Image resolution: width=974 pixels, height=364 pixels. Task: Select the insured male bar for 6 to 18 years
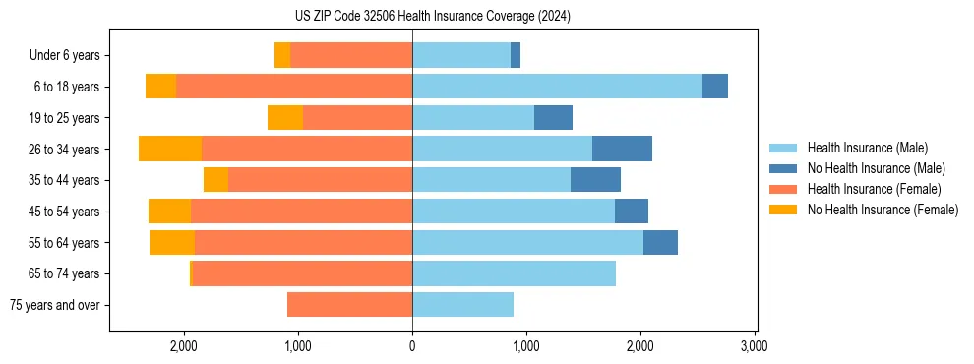pyautogui.click(x=557, y=87)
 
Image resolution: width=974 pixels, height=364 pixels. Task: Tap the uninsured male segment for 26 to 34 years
pyautogui.click(x=622, y=149)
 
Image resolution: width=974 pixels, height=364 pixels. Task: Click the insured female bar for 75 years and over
pyautogui.click(x=349, y=305)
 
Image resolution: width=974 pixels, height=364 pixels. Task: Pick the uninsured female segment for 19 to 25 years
pyautogui.click(x=285, y=118)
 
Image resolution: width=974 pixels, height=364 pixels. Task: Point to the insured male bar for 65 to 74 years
pyautogui.click(x=514, y=273)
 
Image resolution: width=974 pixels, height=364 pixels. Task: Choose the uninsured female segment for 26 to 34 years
pyautogui.click(x=170, y=149)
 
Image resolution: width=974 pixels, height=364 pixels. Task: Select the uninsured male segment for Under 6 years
pyautogui.click(x=516, y=55)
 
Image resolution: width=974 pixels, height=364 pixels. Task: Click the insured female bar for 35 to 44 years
pyautogui.click(x=320, y=180)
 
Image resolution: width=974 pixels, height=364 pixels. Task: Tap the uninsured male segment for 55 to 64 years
pyautogui.click(x=660, y=242)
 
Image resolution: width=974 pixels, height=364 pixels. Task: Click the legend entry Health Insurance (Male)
pyautogui.click(x=867, y=148)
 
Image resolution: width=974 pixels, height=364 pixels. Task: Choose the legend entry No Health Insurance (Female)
pyautogui.click(x=883, y=210)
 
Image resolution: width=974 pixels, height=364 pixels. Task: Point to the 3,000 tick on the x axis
pyautogui.click(x=754, y=346)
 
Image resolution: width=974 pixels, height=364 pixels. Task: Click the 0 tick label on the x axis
pyautogui.click(x=412, y=346)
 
